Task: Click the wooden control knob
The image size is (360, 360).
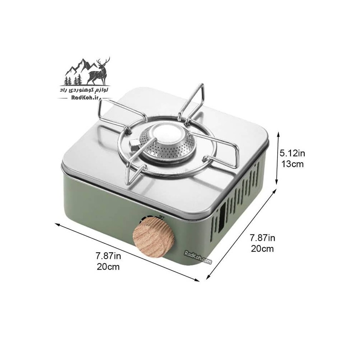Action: click(154, 237)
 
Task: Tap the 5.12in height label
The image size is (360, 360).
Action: click(292, 153)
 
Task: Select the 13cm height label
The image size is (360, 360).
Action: click(292, 164)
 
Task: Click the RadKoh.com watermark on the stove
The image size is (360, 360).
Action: click(198, 257)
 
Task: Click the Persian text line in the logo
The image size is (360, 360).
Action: click(84, 90)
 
